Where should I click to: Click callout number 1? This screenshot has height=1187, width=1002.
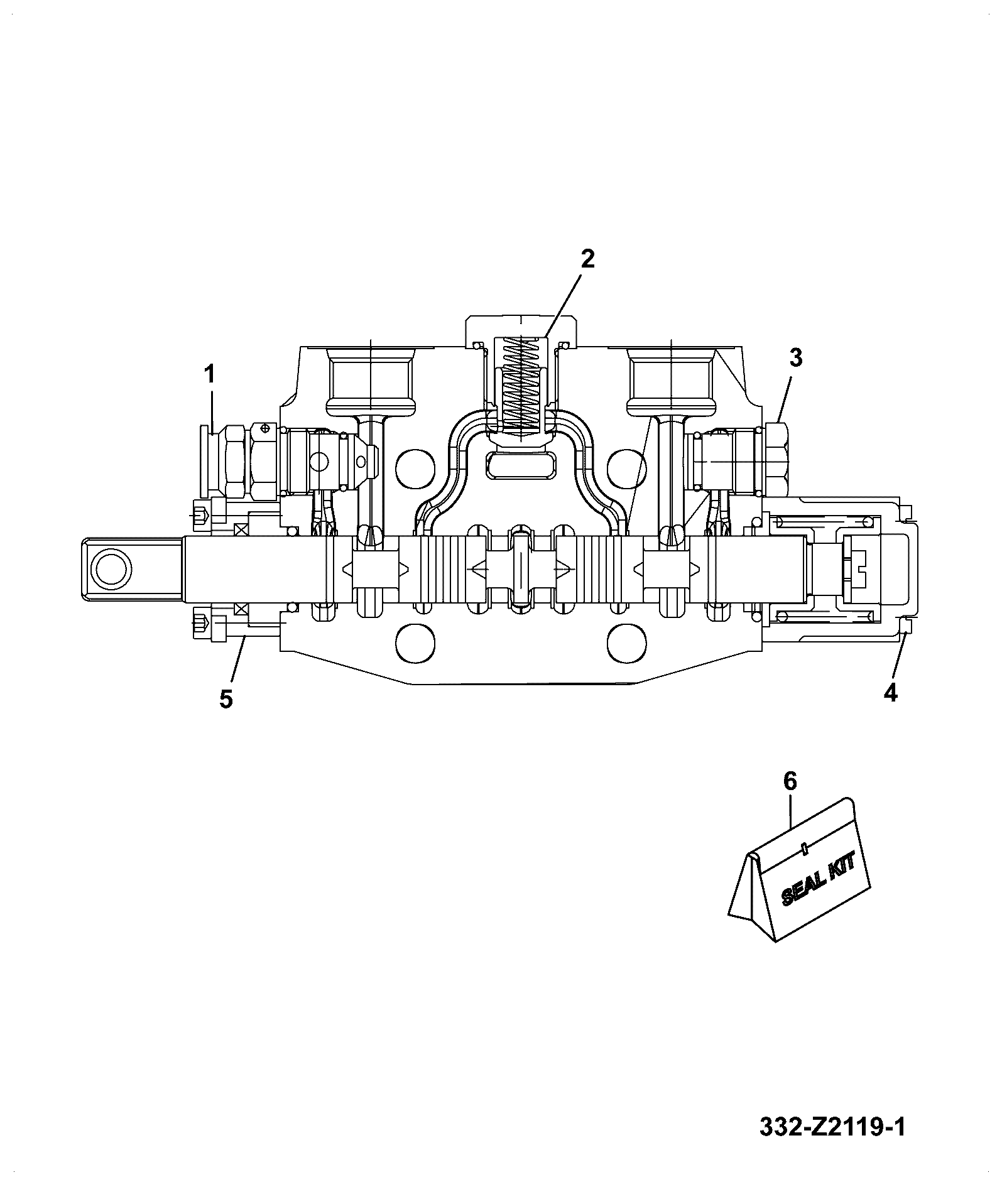[x=209, y=375]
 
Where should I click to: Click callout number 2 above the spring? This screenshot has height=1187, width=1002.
[x=587, y=259]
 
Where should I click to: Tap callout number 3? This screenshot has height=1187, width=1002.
[x=795, y=358]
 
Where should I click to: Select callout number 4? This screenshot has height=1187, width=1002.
[x=890, y=693]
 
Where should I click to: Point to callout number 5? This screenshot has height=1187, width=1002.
[x=226, y=698]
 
